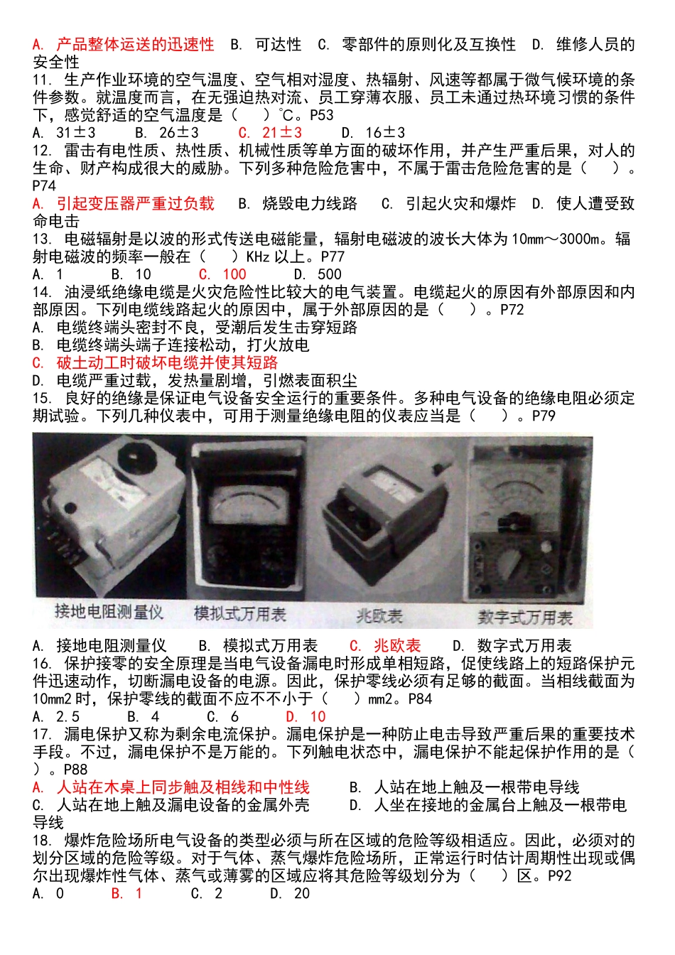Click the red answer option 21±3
269,133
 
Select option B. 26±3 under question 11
167,133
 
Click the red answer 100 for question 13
222,274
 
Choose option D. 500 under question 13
318,274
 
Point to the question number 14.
42,292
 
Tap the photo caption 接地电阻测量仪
109,612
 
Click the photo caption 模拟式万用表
240,614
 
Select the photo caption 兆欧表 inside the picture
379,616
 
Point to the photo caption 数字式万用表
525,617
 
